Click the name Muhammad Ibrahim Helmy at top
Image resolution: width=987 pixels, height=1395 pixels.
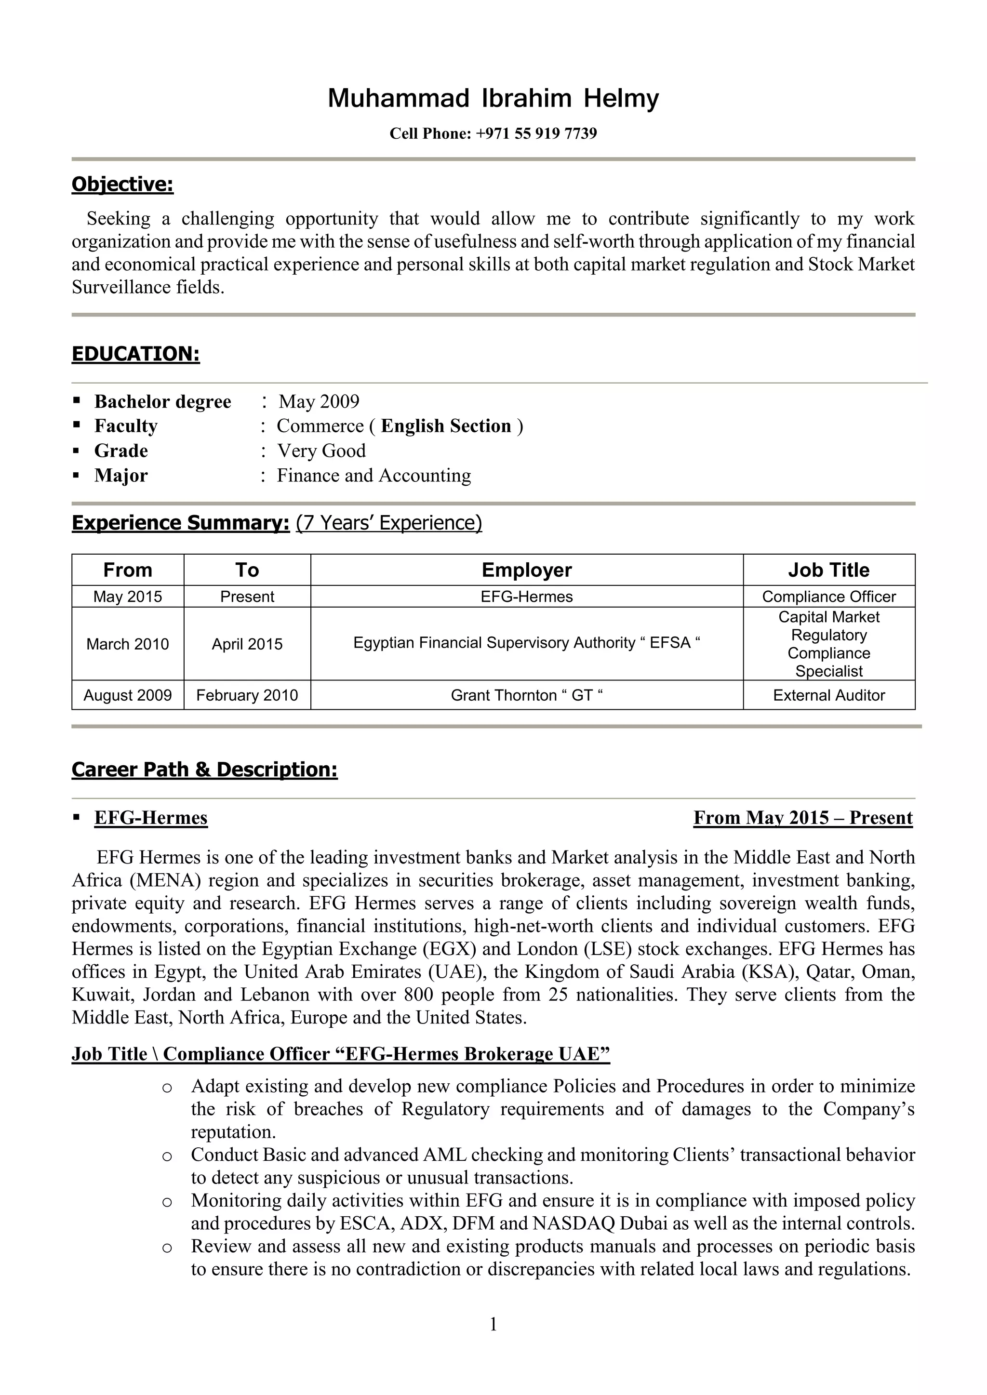[493, 98]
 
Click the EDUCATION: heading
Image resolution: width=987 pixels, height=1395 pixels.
[135, 354]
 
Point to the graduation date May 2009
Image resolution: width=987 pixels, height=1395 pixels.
[319, 401]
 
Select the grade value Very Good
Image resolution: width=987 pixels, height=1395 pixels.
[321, 451]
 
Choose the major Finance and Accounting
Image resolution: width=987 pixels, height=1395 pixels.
[374, 476]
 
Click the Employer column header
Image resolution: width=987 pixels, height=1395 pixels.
[526, 570]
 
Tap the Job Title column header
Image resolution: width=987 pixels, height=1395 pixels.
[828, 570]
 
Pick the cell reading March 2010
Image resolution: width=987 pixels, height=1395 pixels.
[128, 644]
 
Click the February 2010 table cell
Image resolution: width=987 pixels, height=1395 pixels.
[247, 695]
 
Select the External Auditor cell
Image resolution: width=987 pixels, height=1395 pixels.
[828, 695]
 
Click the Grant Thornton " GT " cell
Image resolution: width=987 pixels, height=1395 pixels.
[526, 695]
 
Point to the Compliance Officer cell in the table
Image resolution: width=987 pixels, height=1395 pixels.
[828, 597]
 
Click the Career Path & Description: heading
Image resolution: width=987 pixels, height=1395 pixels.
[204, 769]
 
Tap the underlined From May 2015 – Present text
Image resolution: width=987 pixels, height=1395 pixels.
[802, 818]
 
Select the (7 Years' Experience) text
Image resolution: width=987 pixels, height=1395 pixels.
[388, 522]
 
